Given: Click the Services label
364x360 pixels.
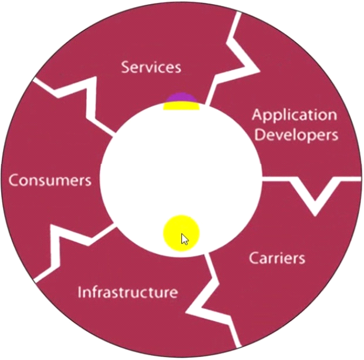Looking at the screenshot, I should click(151, 66).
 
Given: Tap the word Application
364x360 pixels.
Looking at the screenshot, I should click(294, 115).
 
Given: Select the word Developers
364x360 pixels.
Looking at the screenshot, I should click(296, 134).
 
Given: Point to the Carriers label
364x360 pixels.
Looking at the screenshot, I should click(277, 257).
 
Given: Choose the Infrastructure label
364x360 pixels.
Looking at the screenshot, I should click(127, 291).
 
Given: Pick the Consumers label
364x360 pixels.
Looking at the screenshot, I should click(50, 180).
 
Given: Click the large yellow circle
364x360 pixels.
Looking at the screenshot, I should click(180, 233).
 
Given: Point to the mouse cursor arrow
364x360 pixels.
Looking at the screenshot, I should click(184, 239).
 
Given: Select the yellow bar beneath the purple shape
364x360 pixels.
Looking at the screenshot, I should click(181, 106).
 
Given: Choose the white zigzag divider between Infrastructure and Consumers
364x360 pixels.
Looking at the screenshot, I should click(65, 247).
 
